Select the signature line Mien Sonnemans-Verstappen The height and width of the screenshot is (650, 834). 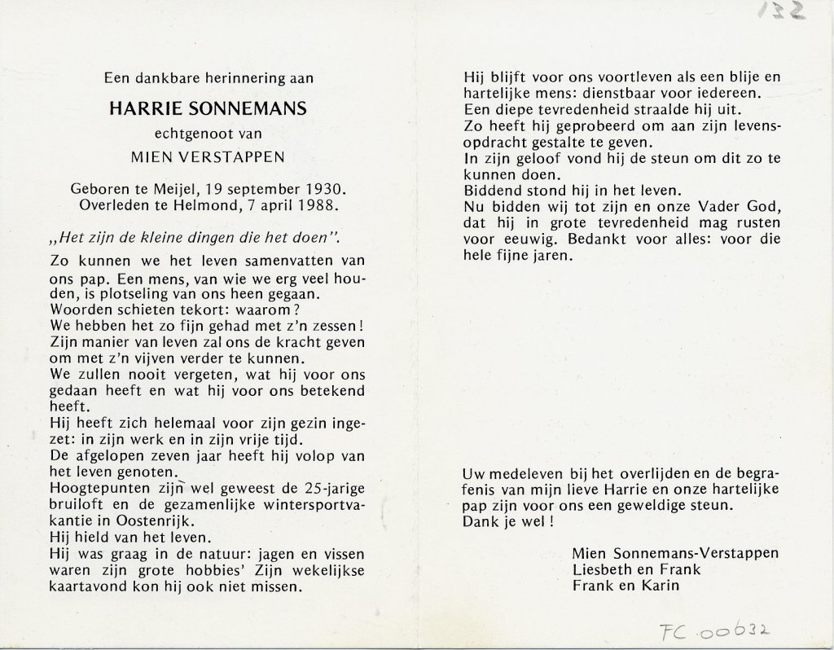coord(675,553)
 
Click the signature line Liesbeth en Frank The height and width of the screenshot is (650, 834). coord(636,569)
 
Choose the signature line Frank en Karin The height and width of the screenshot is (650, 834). coord(625,585)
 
